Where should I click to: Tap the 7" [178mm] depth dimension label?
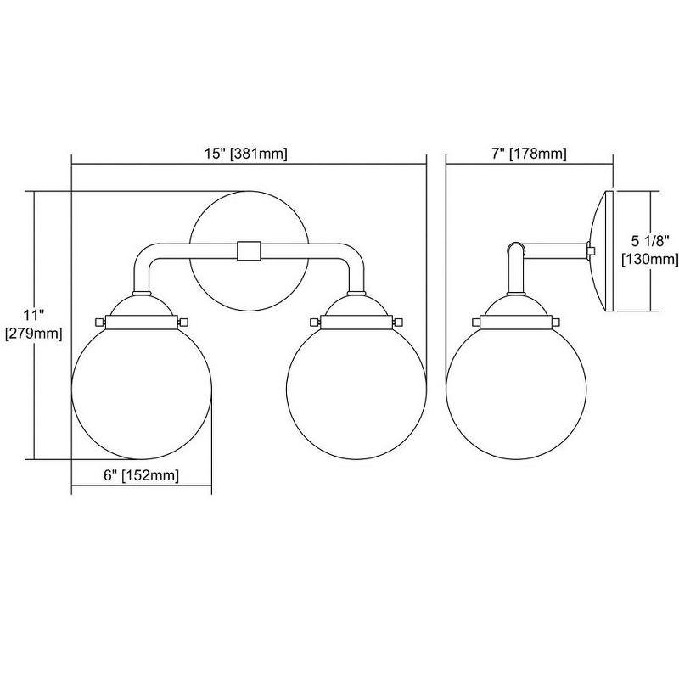click(530, 154)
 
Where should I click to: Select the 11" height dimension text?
click(34, 313)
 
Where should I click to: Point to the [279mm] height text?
click(34, 333)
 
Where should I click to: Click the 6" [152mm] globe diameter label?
click(141, 476)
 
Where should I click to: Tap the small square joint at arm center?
click(248, 251)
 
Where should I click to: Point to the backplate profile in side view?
click(603, 252)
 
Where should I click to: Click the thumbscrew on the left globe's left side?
click(99, 323)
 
